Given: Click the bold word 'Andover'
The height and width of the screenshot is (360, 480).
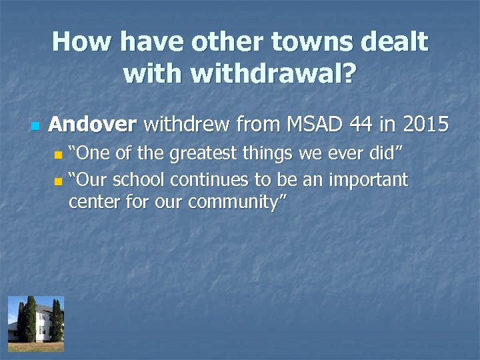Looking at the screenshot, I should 93,125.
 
